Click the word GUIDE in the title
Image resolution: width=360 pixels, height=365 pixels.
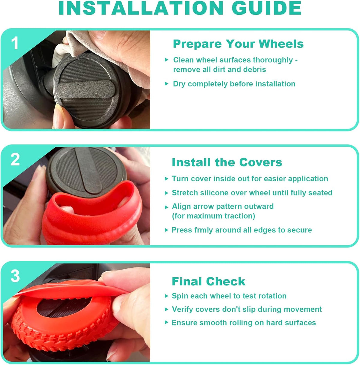[266, 8]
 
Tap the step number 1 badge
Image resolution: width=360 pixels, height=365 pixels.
[15, 43]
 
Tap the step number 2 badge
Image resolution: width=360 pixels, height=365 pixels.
[15, 159]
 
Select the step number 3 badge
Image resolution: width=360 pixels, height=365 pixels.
[15, 276]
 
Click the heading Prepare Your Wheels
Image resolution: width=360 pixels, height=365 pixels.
[238, 44]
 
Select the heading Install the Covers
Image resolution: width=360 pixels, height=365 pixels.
[227, 162]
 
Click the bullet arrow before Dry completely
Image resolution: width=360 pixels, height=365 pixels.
[166, 83]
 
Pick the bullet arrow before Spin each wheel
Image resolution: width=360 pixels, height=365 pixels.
[166, 296]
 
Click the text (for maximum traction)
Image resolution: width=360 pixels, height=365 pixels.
[213, 216]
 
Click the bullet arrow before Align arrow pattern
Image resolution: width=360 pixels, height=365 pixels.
[166, 207]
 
